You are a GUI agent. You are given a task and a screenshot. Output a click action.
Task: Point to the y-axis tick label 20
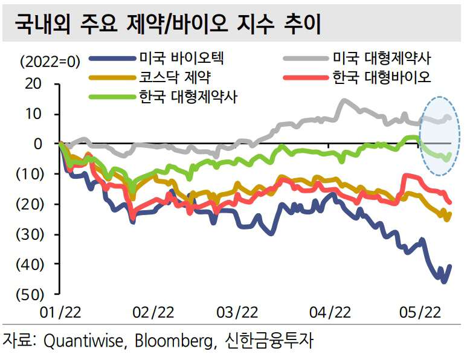click(x=33, y=85)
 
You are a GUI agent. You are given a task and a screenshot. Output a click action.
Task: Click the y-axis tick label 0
click(x=37, y=144)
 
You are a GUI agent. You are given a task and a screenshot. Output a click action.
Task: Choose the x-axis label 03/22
click(x=237, y=313)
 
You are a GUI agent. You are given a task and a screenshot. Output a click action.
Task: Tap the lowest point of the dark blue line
click(x=444, y=281)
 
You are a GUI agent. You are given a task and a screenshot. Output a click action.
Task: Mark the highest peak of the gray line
click(x=344, y=100)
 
